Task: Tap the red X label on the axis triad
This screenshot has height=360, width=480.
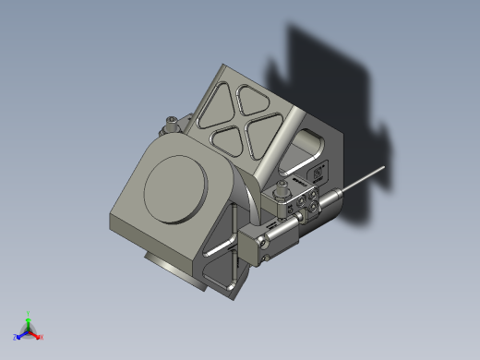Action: (x=42, y=336)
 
